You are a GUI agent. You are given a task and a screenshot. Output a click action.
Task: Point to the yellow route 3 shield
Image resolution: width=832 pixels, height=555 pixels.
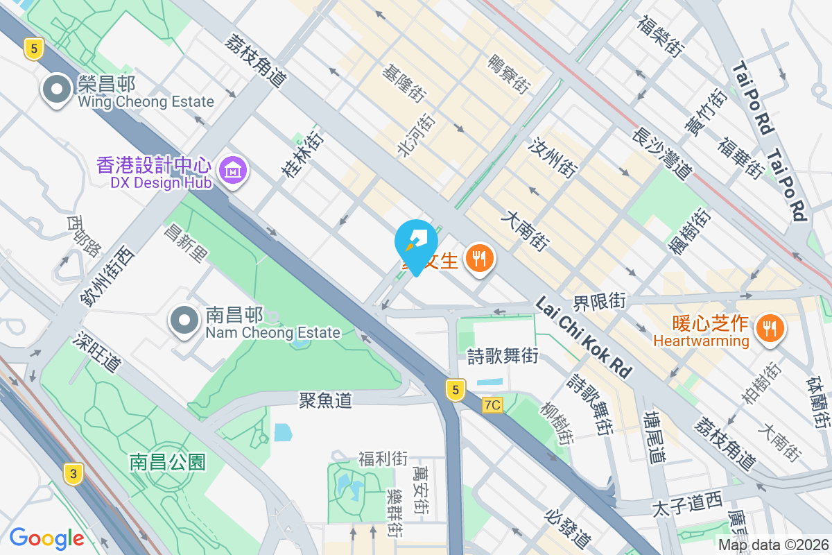coord(73,475)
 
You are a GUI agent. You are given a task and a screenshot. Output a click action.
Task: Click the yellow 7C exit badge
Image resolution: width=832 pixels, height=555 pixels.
coord(492,404)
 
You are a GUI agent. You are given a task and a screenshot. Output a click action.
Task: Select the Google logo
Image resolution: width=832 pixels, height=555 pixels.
coord(47,538)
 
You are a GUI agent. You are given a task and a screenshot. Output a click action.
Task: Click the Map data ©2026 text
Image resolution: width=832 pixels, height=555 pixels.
coord(773,545)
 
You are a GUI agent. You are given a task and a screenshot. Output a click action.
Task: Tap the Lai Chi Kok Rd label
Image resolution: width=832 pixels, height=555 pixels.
coord(584,337)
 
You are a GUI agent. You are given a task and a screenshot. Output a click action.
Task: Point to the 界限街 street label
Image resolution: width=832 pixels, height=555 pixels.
coord(599,302)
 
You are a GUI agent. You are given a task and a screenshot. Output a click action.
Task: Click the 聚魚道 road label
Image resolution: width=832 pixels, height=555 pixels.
coord(325,400)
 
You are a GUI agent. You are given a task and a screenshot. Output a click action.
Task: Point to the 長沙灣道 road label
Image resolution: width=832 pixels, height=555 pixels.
coord(662,153)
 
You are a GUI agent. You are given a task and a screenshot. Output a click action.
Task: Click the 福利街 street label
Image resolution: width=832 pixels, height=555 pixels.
coord(383,459)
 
